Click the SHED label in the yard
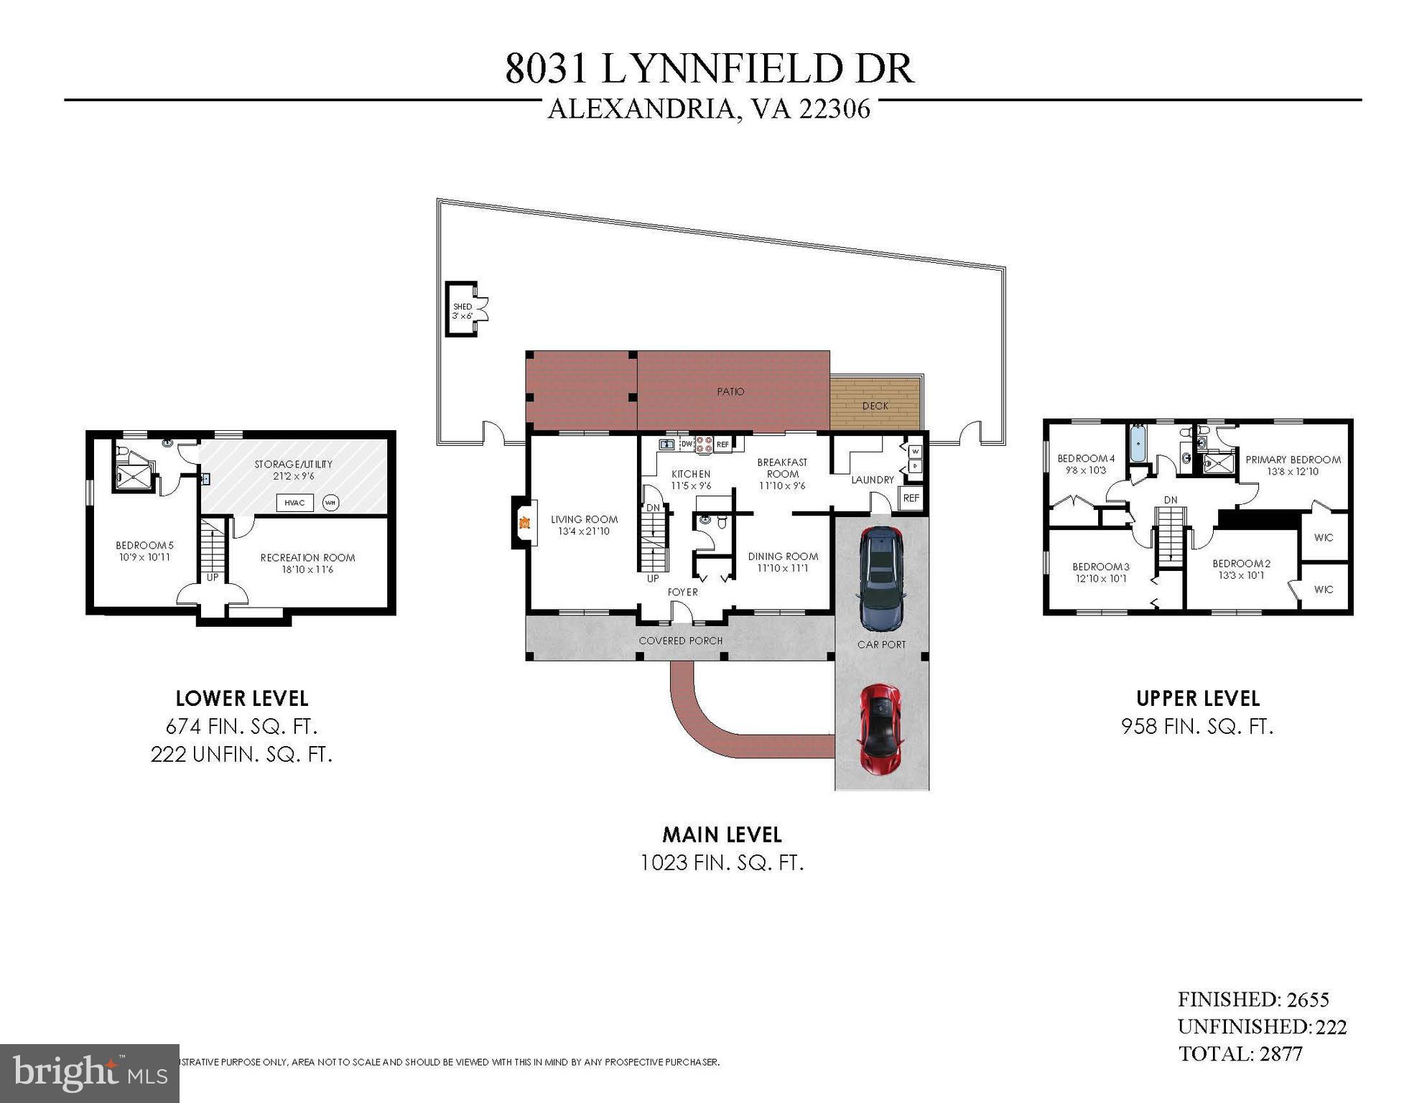point(463,307)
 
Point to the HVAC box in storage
point(294,503)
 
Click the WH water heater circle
point(330,503)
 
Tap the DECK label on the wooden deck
point(875,406)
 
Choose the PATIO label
point(730,391)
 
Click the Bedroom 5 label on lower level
point(144,546)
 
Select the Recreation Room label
point(307,558)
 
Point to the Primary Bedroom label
point(1293,460)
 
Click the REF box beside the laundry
point(911,498)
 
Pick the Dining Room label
point(783,557)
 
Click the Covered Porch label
point(680,641)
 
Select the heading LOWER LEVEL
point(242,698)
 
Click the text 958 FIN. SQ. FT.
point(1197,727)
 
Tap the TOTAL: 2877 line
point(1240,1053)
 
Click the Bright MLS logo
point(90,1074)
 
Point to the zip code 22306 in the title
point(834,109)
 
